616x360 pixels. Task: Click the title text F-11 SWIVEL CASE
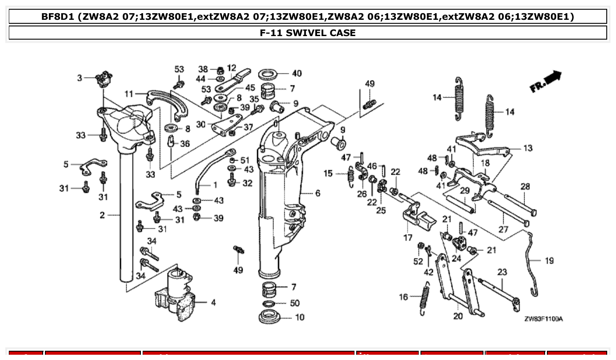(308, 33)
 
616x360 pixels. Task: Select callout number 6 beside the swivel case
(317, 193)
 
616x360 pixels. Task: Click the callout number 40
(297, 73)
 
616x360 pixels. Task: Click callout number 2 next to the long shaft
(102, 215)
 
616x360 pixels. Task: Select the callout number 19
(549, 261)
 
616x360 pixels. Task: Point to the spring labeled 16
(424, 301)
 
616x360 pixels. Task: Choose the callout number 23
(502, 272)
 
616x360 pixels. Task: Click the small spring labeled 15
(351, 175)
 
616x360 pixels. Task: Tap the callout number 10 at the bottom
(299, 317)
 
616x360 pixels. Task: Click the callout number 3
(80, 78)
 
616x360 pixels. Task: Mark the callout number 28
(525, 187)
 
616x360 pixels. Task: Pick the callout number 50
(295, 303)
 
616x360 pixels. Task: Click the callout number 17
(408, 238)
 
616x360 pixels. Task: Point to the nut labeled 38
(220, 70)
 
